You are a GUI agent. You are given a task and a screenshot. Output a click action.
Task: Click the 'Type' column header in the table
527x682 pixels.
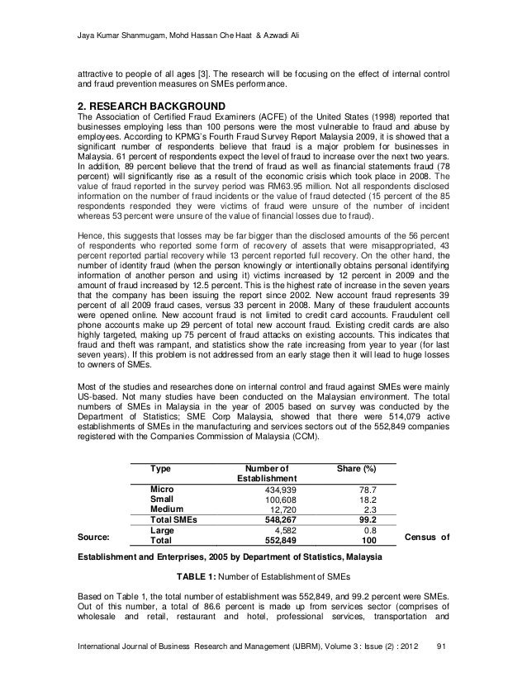[160, 469]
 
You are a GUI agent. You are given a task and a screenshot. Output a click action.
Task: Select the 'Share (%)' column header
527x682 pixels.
[358, 469]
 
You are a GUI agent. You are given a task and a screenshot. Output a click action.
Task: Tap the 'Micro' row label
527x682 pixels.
[162, 490]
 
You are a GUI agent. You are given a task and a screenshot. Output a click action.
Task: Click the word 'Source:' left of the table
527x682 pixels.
[97, 540]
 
